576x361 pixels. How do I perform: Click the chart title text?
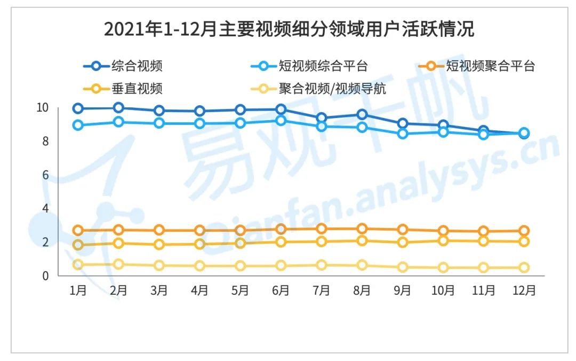[x=288, y=29]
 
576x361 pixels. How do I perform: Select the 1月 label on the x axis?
[x=78, y=291]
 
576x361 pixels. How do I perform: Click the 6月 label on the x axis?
[x=281, y=291]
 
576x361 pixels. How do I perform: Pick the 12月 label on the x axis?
[x=524, y=291]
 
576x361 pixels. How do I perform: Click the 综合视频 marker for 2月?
[x=118, y=108]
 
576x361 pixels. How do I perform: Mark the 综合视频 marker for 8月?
[x=362, y=114]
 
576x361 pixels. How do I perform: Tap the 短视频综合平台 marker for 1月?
[x=78, y=125]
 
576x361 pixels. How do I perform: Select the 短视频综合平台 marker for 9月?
[x=403, y=134]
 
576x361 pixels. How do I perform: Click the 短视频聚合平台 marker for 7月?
[x=322, y=229]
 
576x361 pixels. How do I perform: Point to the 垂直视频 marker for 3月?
[x=159, y=245]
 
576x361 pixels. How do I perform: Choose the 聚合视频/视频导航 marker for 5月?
[x=240, y=266]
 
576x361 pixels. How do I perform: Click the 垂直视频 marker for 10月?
[x=443, y=241]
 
